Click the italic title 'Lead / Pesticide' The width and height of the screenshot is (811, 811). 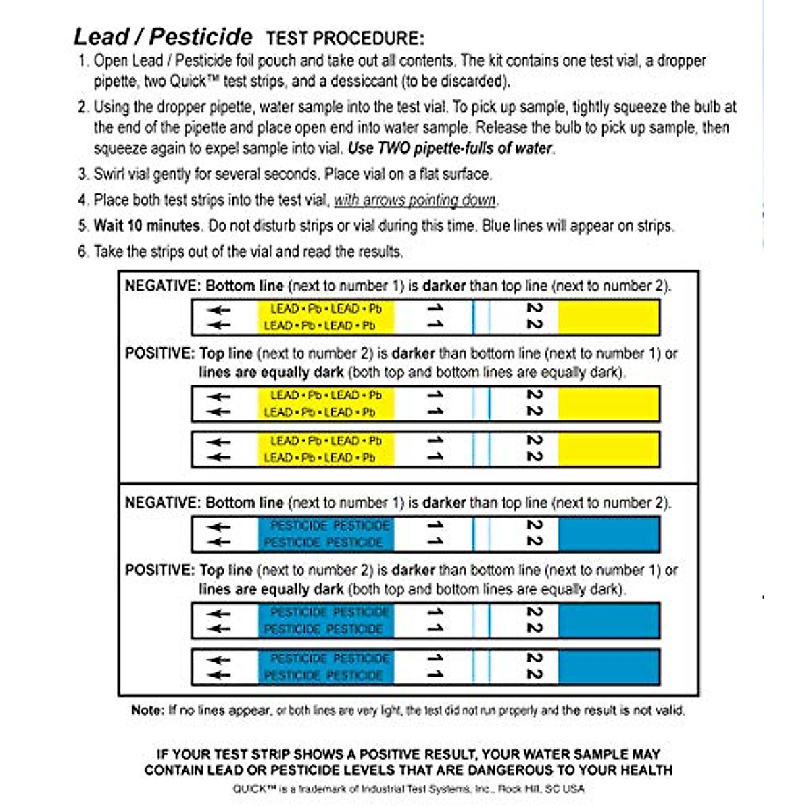pos(163,36)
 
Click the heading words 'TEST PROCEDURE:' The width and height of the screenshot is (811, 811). pos(345,39)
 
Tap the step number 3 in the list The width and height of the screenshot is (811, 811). pos(82,174)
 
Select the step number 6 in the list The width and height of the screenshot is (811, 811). pos(82,252)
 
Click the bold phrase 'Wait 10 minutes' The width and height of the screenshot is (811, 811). pos(147,226)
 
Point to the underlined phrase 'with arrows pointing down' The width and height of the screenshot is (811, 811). pos(415,200)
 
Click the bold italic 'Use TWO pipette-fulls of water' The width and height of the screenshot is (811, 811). pos(451,148)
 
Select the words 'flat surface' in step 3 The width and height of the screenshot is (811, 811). pos(455,174)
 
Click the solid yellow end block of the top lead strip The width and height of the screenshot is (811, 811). pos(608,317)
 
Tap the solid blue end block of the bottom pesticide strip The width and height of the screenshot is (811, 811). pos(608,666)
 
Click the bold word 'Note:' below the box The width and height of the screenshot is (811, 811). pos(148,710)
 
